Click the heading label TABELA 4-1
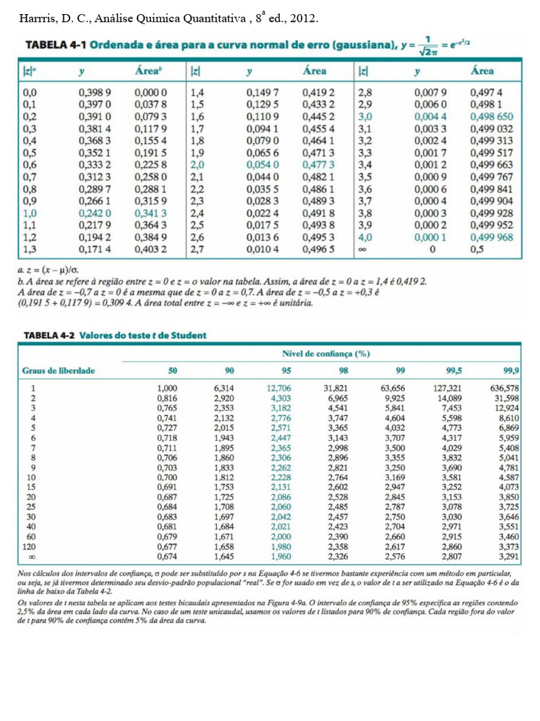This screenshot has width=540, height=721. pyautogui.click(x=55, y=45)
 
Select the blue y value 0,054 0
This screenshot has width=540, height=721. pyautogui.click(x=262, y=165)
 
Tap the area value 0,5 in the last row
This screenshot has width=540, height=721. pyautogui.click(x=477, y=249)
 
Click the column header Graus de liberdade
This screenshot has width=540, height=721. pyautogui.click(x=58, y=370)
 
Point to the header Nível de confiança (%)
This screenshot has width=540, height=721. pyautogui.click(x=326, y=353)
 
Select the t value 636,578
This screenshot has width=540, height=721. pyautogui.click(x=504, y=388)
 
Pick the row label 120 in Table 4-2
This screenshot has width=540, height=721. pyautogui.click(x=30, y=545)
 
